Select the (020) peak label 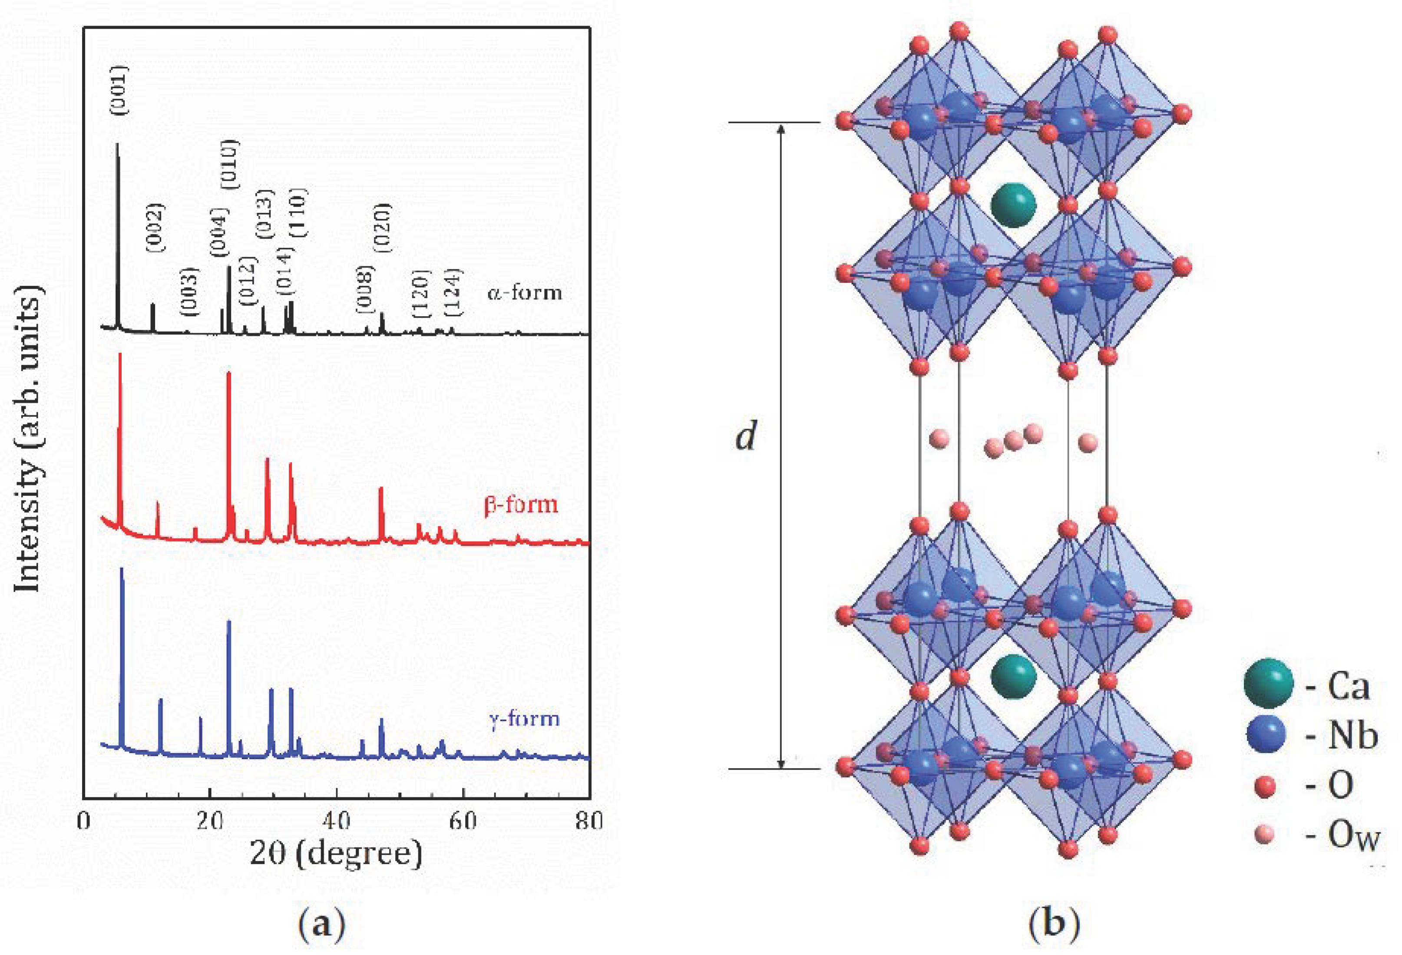(383, 228)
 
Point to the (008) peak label (366, 289)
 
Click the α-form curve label (524, 293)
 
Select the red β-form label (521, 504)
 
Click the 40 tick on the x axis (336, 821)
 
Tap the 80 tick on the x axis (589, 821)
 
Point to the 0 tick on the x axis (84, 821)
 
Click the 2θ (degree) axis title (336, 854)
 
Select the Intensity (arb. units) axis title (29, 440)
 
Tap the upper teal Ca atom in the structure (1013, 205)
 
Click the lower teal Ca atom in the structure (1013, 676)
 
